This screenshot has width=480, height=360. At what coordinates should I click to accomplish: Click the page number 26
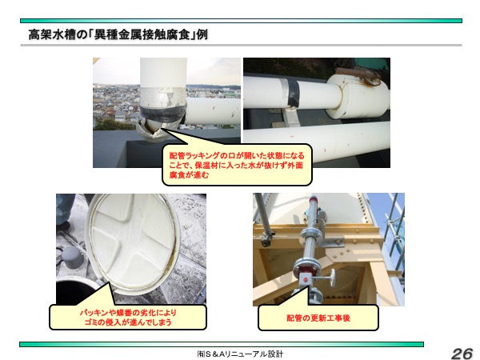[x=462, y=353]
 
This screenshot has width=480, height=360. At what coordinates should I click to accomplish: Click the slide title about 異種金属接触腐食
[x=118, y=34]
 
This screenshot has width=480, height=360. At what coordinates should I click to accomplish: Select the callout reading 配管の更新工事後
[x=318, y=318]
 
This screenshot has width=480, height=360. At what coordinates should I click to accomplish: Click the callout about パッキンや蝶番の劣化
[x=128, y=317]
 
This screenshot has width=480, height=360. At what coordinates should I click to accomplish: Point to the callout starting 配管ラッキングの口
[x=237, y=165]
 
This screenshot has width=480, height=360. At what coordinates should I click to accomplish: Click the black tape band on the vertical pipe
[x=163, y=112]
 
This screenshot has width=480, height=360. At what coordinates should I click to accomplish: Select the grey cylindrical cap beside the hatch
[x=71, y=258]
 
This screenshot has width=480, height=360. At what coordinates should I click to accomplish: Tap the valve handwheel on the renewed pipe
[x=333, y=279]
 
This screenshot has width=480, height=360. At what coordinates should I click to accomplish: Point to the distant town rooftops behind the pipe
[x=116, y=104]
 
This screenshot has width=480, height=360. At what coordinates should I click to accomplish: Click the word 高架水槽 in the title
[x=52, y=34]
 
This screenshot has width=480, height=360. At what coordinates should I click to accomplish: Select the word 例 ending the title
[x=202, y=34]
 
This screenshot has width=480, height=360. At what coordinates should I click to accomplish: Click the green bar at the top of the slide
[x=241, y=21]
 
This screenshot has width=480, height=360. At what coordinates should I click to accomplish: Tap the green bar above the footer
[x=222, y=344]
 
